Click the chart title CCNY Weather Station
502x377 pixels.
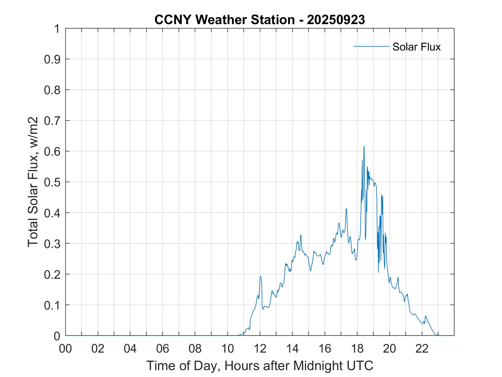click(x=224, y=20)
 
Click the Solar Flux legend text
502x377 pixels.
click(x=416, y=47)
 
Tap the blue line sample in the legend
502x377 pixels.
click(x=371, y=46)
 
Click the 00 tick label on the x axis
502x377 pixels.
click(x=65, y=349)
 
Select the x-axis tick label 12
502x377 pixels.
click(x=260, y=349)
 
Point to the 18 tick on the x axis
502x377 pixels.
click(x=357, y=349)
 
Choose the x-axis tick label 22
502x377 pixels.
click(x=422, y=349)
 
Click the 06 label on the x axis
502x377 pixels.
click(x=163, y=349)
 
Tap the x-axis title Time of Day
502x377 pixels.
click(x=260, y=366)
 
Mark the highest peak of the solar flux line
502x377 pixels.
click(x=364, y=146)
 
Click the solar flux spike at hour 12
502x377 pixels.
click(x=260, y=276)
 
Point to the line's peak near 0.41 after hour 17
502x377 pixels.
click(x=346, y=208)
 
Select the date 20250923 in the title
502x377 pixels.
click(x=336, y=20)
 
